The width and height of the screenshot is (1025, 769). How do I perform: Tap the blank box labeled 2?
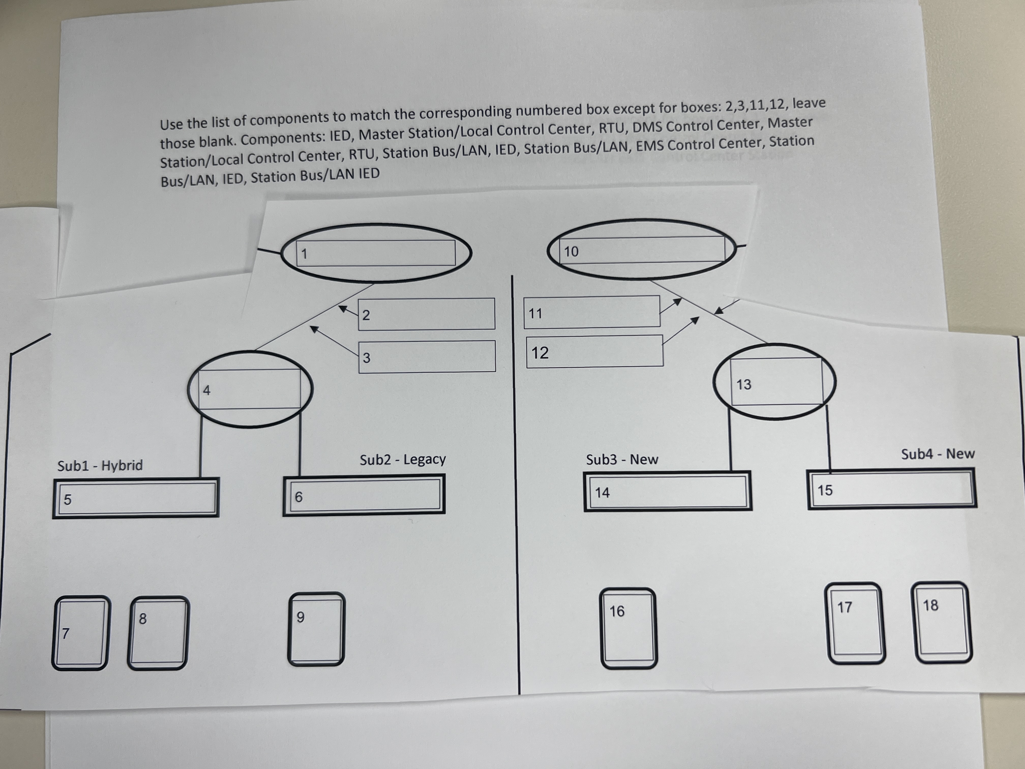coord(426,314)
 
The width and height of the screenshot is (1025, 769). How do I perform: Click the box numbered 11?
coord(592,312)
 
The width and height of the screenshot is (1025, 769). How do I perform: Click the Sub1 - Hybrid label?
coord(100,465)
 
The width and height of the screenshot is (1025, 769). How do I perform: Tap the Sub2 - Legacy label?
coord(403,459)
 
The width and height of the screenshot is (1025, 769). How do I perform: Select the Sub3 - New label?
coord(622,459)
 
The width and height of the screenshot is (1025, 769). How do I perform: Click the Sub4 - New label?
coord(938,453)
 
